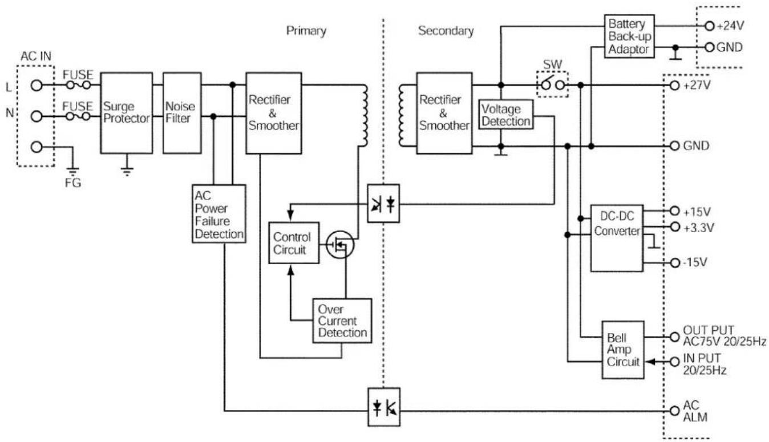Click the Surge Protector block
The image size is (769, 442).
click(x=126, y=113)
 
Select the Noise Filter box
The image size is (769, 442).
click(x=182, y=113)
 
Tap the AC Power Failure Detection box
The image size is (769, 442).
click(x=218, y=214)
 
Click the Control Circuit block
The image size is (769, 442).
click(x=294, y=243)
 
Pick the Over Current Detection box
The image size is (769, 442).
click(x=342, y=321)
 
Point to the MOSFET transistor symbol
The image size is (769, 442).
click(x=339, y=244)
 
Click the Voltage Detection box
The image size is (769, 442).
click(x=505, y=115)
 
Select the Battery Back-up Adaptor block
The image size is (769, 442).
click(x=629, y=36)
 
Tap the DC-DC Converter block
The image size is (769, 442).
click(x=617, y=238)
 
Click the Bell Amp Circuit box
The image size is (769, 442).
click(x=623, y=350)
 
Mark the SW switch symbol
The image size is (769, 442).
click(x=552, y=84)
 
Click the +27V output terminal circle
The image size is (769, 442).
click(x=674, y=85)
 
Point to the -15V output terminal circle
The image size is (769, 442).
click(x=675, y=263)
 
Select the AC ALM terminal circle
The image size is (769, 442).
click(x=674, y=411)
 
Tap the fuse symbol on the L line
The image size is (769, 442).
click(x=78, y=85)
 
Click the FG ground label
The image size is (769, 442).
click(x=73, y=183)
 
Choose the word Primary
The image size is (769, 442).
click(x=306, y=31)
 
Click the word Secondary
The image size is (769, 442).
click(x=446, y=31)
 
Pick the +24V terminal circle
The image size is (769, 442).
click(x=709, y=26)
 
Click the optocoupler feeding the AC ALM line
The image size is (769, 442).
click(x=384, y=407)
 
